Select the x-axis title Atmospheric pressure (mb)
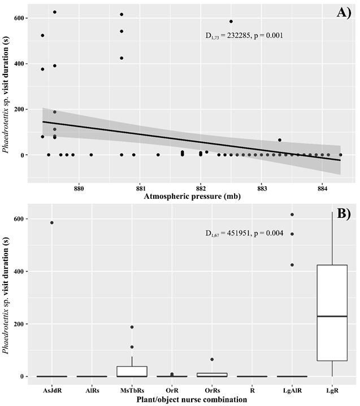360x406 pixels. pyautogui.click(x=194, y=197)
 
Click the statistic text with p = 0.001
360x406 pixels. pyautogui.click(x=244, y=35)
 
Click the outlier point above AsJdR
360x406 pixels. pyautogui.click(x=52, y=222)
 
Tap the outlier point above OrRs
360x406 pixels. pyautogui.click(x=212, y=359)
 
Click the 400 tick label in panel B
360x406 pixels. pyautogui.click(x=23, y=272)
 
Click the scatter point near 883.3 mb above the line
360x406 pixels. pyautogui.click(x=279, y=140)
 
